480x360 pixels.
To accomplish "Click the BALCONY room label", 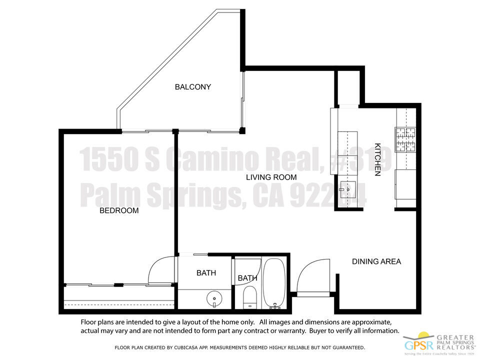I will [x=192, y=87].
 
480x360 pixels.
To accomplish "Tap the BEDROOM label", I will [x=119, y=210].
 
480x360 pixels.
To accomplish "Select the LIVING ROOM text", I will [x=271, y=177].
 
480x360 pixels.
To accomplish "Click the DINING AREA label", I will [x=376, y=261].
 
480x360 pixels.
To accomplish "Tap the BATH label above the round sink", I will [x=206, y=273].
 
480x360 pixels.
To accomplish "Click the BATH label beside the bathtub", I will [x=247, y=278].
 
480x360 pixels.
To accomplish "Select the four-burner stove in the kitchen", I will [x=405, y=139].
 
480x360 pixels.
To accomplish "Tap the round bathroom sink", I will [x=214, y=298].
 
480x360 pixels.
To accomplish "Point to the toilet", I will [x=249, y=298].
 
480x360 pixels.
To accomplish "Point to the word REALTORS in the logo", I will [x=456, y=345].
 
